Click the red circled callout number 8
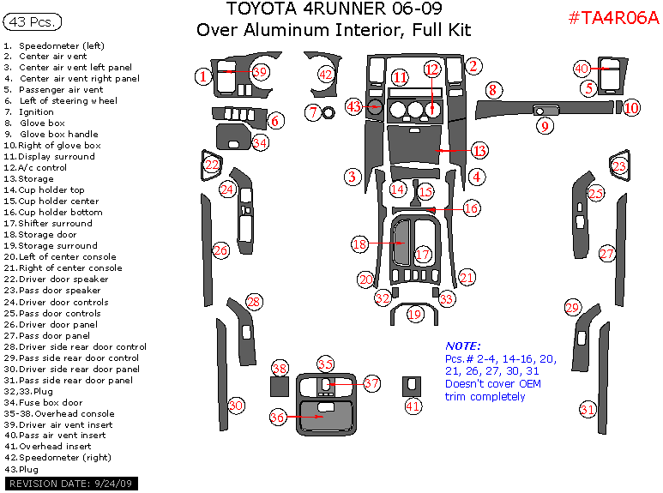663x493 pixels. point(493,90)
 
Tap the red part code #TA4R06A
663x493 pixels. point(614,18)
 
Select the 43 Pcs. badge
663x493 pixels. point(33,21)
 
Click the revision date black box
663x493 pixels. point(71,484)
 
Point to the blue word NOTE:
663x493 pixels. point(463,346)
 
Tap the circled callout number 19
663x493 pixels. point(415,314)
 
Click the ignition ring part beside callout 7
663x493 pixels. point(328,113)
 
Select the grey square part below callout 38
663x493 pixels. point(280,386)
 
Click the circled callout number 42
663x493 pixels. point(326,75)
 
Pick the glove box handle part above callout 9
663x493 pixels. point(545,111)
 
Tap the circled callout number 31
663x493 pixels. point(588,409)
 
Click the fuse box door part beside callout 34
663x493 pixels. point(233,136)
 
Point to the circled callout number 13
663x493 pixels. point(479,151)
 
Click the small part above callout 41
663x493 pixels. point(412,386)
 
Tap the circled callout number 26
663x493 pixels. point(220,250)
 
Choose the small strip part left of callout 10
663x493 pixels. point(618,107)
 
